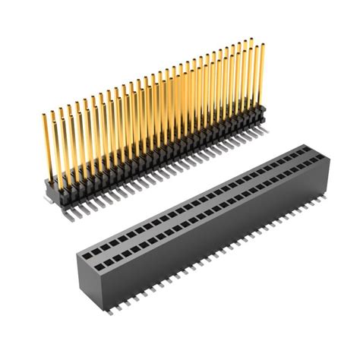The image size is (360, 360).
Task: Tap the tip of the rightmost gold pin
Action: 263,45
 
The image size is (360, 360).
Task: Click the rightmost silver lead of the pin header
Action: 267,132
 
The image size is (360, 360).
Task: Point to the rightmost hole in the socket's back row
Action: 305,151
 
